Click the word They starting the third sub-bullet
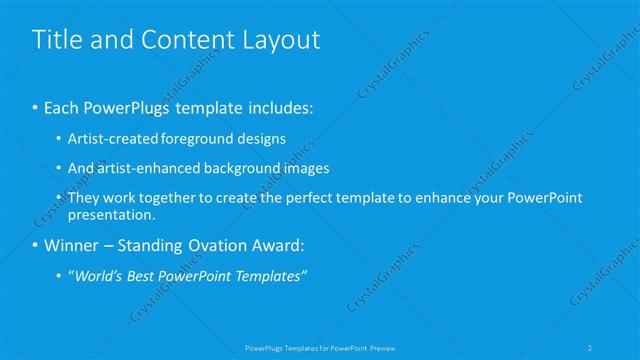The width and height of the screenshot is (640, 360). pyautogui.click(x=85, y=198)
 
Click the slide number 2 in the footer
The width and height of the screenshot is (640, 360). pyautogui.click(x=591, y=347)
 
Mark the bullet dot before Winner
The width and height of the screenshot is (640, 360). pyautogui.click(x=36, y=246)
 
